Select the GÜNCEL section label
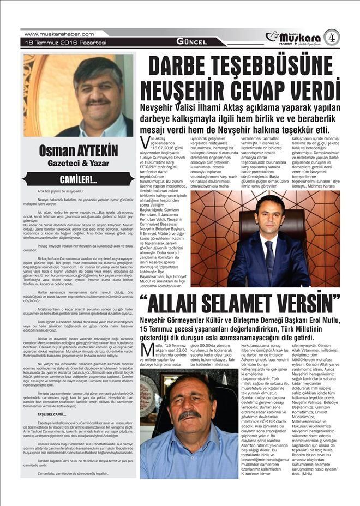[191, 42]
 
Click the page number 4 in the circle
[331, 37]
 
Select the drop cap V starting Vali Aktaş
[144, 143]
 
